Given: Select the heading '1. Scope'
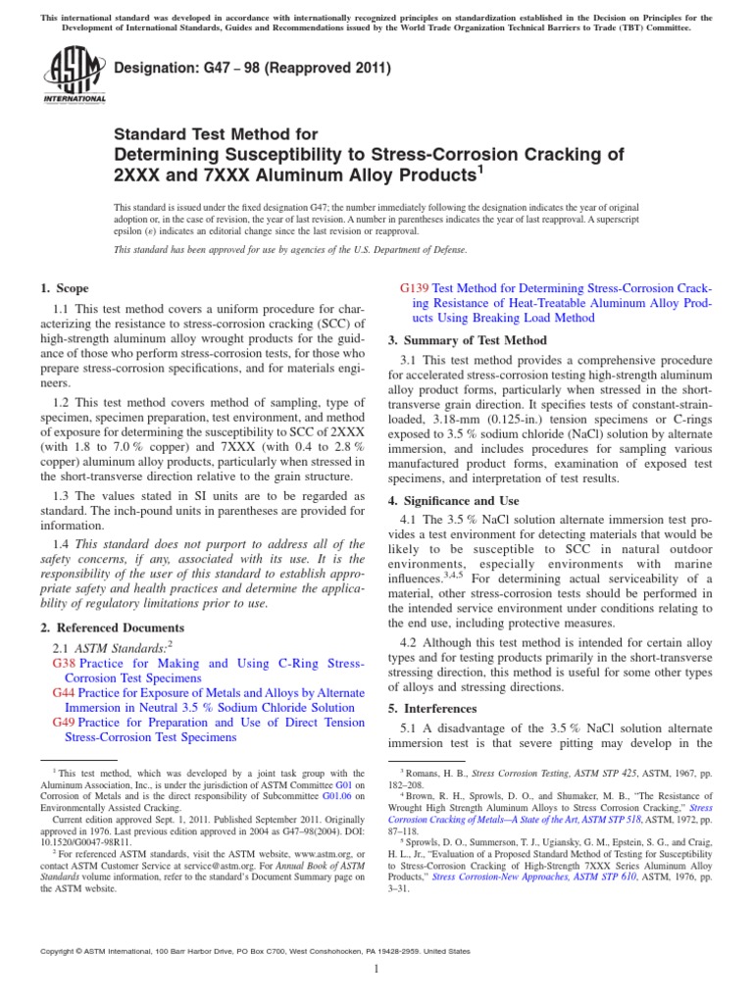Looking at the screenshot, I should [x=64, y=288].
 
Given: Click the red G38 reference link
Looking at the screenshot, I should [x=65, y=664].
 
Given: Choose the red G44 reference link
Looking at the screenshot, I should [x=65, y=692].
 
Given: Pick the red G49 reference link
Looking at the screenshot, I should [x=65, y=723].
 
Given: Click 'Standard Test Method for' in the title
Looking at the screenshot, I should [x=216, y=133].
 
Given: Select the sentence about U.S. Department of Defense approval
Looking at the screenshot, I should [x=290, y=249].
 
